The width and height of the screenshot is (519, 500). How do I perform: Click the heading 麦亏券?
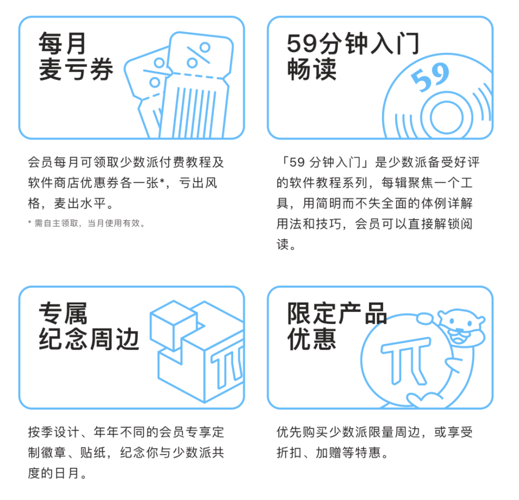[76, 70]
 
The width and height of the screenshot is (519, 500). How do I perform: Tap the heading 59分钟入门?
[353, 45]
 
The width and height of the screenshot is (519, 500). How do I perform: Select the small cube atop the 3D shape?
[173, 322]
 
